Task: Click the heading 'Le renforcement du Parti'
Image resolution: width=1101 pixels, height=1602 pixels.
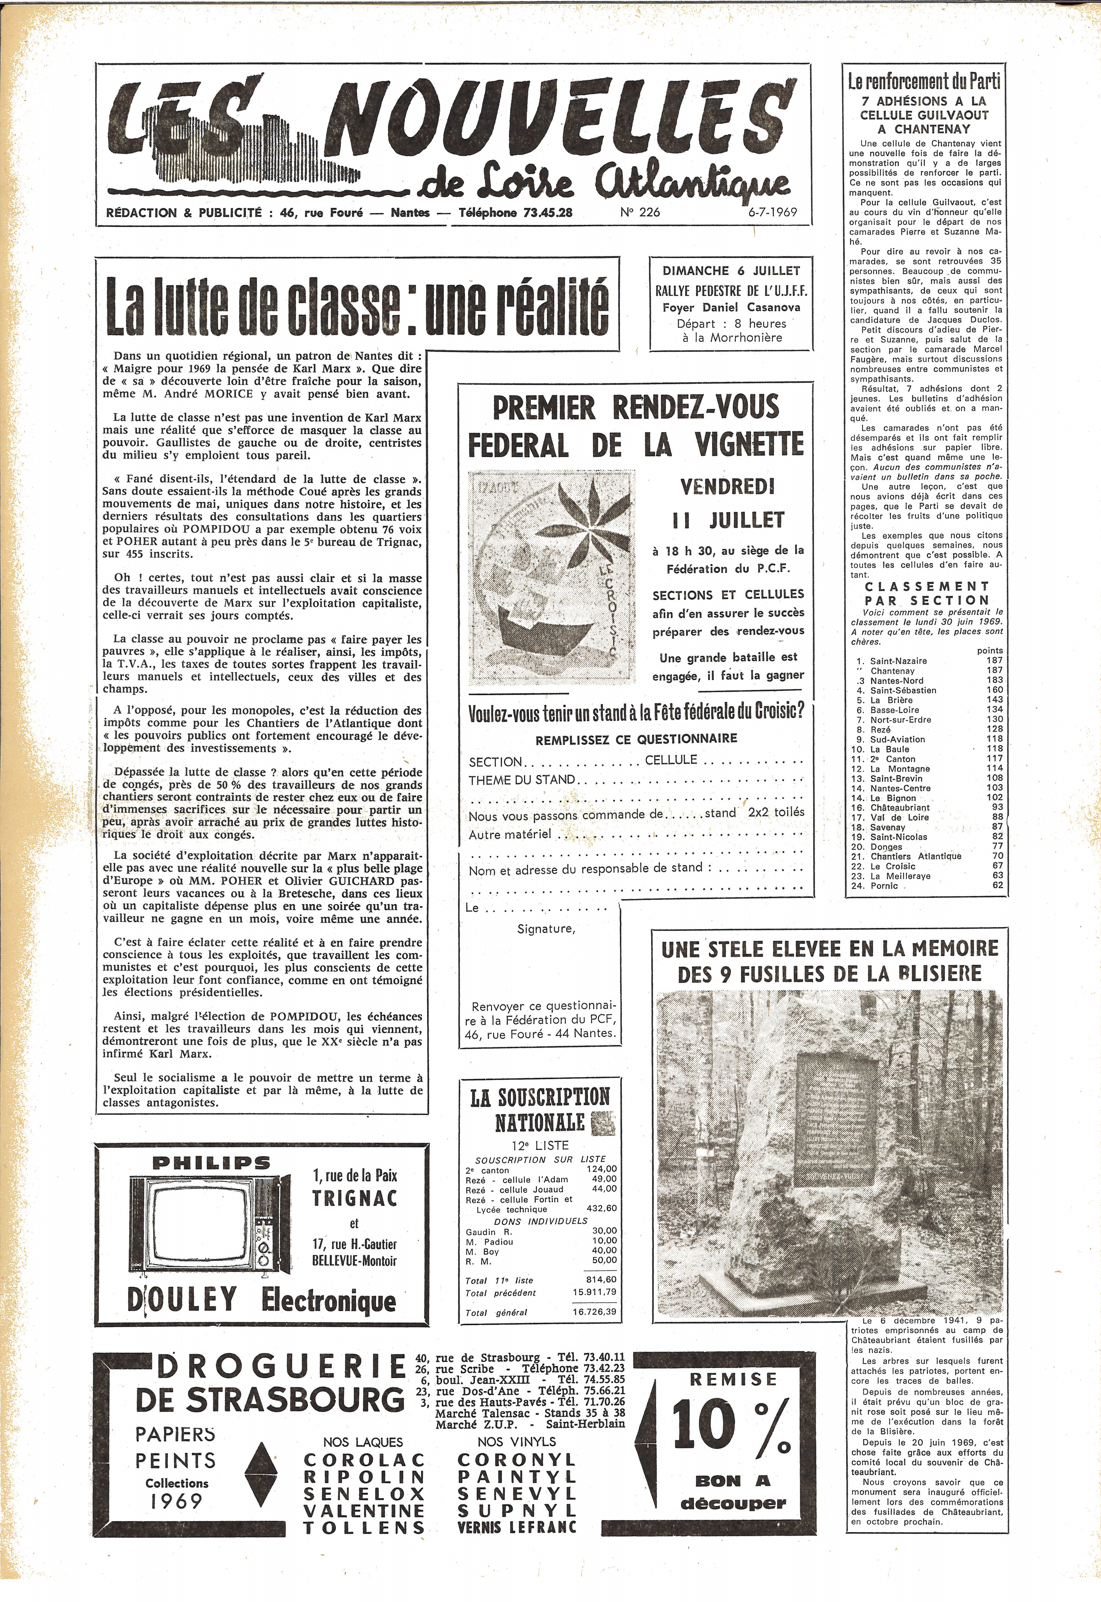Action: [x=924, y=82]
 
